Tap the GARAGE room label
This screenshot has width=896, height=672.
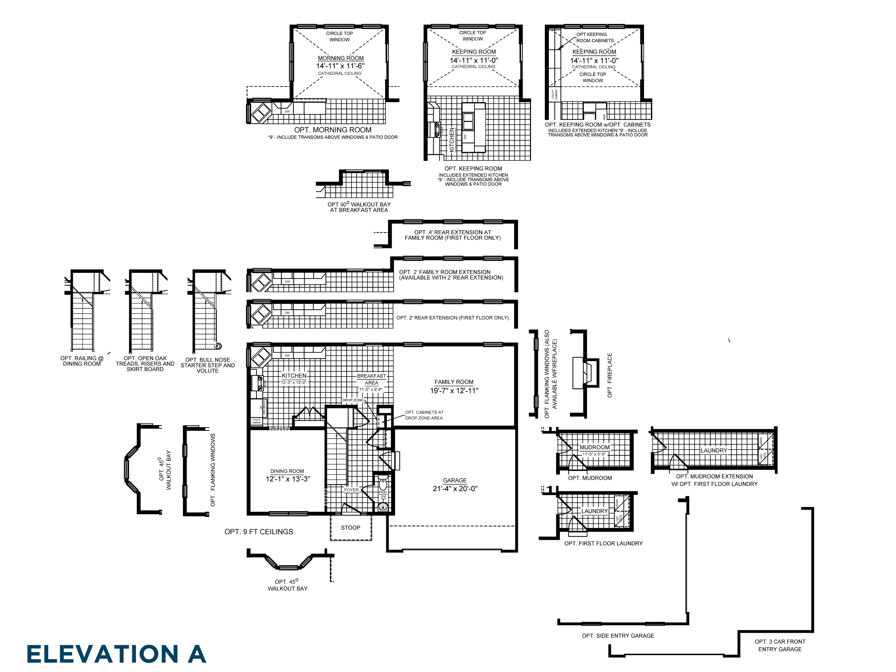coord(454,480)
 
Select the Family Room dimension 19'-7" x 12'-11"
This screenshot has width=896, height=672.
coord(454,390)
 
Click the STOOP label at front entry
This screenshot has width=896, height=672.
coord(350,527)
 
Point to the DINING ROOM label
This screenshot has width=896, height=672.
coord(287,471)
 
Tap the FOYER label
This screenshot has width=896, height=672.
coord(351,490)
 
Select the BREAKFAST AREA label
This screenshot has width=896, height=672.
coord(371,379)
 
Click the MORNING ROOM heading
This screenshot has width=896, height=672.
coord(341,58)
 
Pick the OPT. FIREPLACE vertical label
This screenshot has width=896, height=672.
coord(610,375)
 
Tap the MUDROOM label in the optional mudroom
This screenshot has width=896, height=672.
coord(594,447)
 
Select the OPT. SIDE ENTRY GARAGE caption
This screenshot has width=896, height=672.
coord(618,636)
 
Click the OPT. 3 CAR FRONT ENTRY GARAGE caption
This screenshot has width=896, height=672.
coord(780,645)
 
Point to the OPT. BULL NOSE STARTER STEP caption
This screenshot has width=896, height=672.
coord(207,365)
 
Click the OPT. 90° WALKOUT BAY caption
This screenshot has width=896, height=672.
coord(359,207)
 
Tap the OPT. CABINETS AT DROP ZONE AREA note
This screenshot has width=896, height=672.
coord(424,415)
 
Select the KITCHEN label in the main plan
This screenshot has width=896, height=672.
coord(294,376)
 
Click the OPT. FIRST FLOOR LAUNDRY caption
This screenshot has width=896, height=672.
coord(603,543)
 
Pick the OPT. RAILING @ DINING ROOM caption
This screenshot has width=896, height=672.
coord(82,361)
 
